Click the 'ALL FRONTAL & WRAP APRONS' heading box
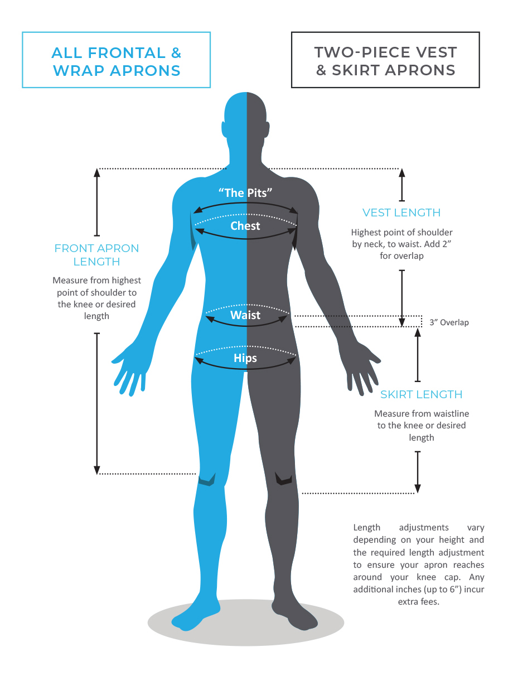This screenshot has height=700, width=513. [116, 60]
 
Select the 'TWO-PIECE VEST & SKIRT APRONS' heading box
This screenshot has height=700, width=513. [385, 60]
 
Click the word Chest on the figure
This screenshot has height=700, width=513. [245, 226]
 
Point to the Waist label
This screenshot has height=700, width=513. [245, 315]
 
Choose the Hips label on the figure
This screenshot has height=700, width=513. [245, 358]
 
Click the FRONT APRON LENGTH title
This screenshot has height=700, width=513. [96, 254]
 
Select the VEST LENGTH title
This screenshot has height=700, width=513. [401, 213]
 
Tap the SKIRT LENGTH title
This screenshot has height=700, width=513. [421, 394]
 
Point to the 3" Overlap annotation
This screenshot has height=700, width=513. [449, 322]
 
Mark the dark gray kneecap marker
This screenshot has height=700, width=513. [283, 479]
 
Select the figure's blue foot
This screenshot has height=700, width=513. [192, 616]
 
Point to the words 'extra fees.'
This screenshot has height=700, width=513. [418, 602]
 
